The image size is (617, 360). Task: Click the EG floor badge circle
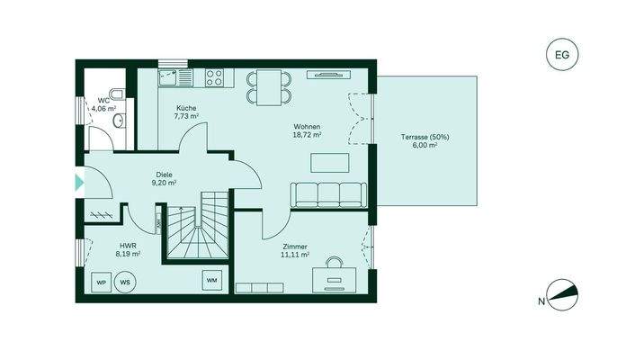562,55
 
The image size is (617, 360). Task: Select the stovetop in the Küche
213,78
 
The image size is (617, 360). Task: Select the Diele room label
163,175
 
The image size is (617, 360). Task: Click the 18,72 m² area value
307,135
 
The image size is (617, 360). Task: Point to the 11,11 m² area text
295,255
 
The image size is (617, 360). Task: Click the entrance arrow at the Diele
78,184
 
